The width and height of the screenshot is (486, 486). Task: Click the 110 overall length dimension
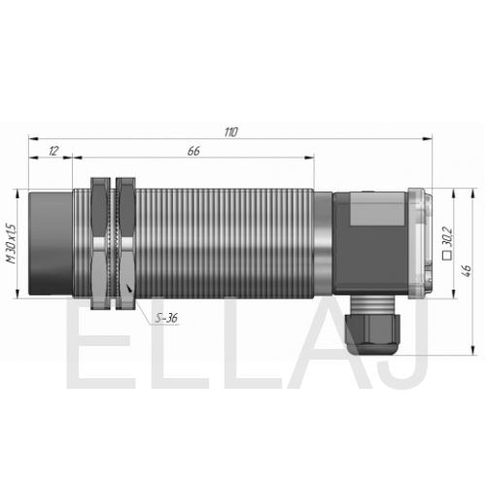click(x=231, y=132)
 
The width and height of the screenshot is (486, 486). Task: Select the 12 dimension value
click(x=53, y=151)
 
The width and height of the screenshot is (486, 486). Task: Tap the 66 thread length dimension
click(x=193, y=151)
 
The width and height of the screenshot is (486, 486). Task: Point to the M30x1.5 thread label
click(x=12, y=243)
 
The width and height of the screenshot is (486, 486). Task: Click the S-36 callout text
click(x=166, y=318)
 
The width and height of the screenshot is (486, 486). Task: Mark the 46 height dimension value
click(x=467, y=271)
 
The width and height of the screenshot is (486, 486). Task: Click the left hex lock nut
click(x=100, y=243)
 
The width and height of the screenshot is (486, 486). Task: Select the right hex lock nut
click(x=125, y=243)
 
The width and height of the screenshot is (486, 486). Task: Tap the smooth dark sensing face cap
click(x=51, y=243)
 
